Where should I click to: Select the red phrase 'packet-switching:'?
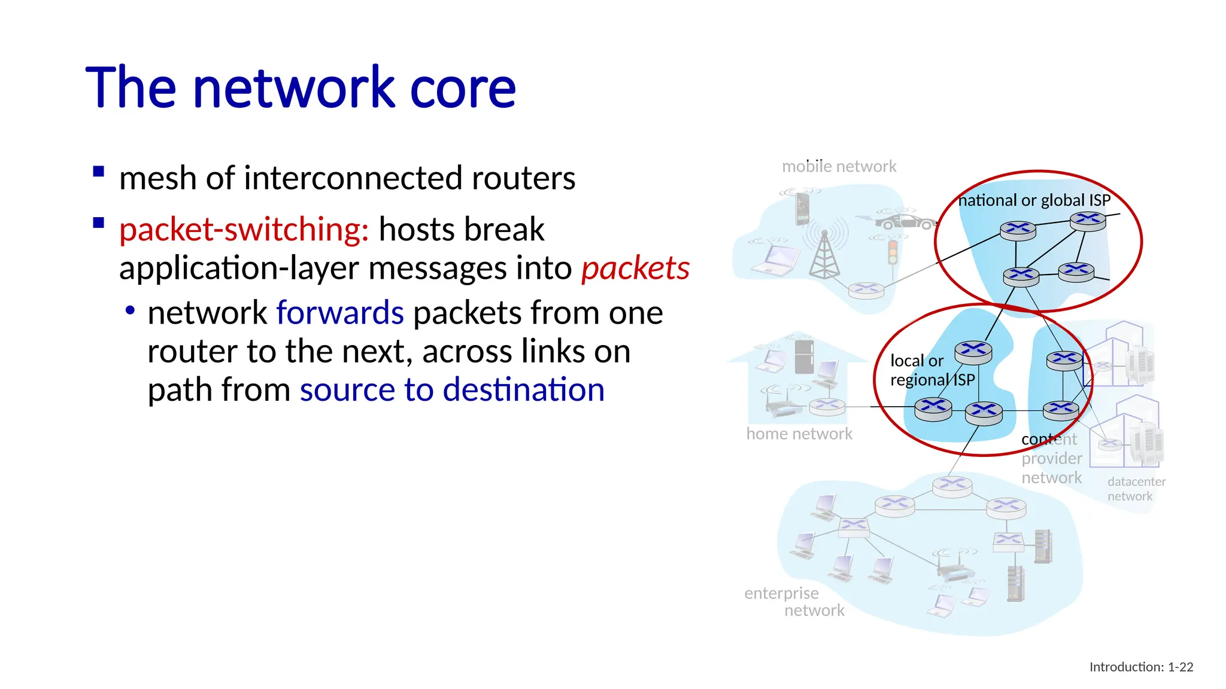[244, 230]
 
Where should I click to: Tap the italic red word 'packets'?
[635, 268]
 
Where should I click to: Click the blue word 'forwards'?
[340, 313]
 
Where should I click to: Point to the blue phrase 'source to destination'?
[452, 390]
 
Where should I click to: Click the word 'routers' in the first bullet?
[523, 178]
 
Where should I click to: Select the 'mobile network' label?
[839, 166]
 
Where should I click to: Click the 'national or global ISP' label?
[1034, 200]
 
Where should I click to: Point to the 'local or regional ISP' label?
[932, 370]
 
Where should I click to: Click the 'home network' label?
[799, 434]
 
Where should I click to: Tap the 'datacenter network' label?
[1136, 489]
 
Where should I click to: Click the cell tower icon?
[824, 255]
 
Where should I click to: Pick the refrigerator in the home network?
[804, 356]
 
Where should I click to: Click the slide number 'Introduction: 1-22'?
[1141, 667]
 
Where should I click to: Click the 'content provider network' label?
[1051, 459]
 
